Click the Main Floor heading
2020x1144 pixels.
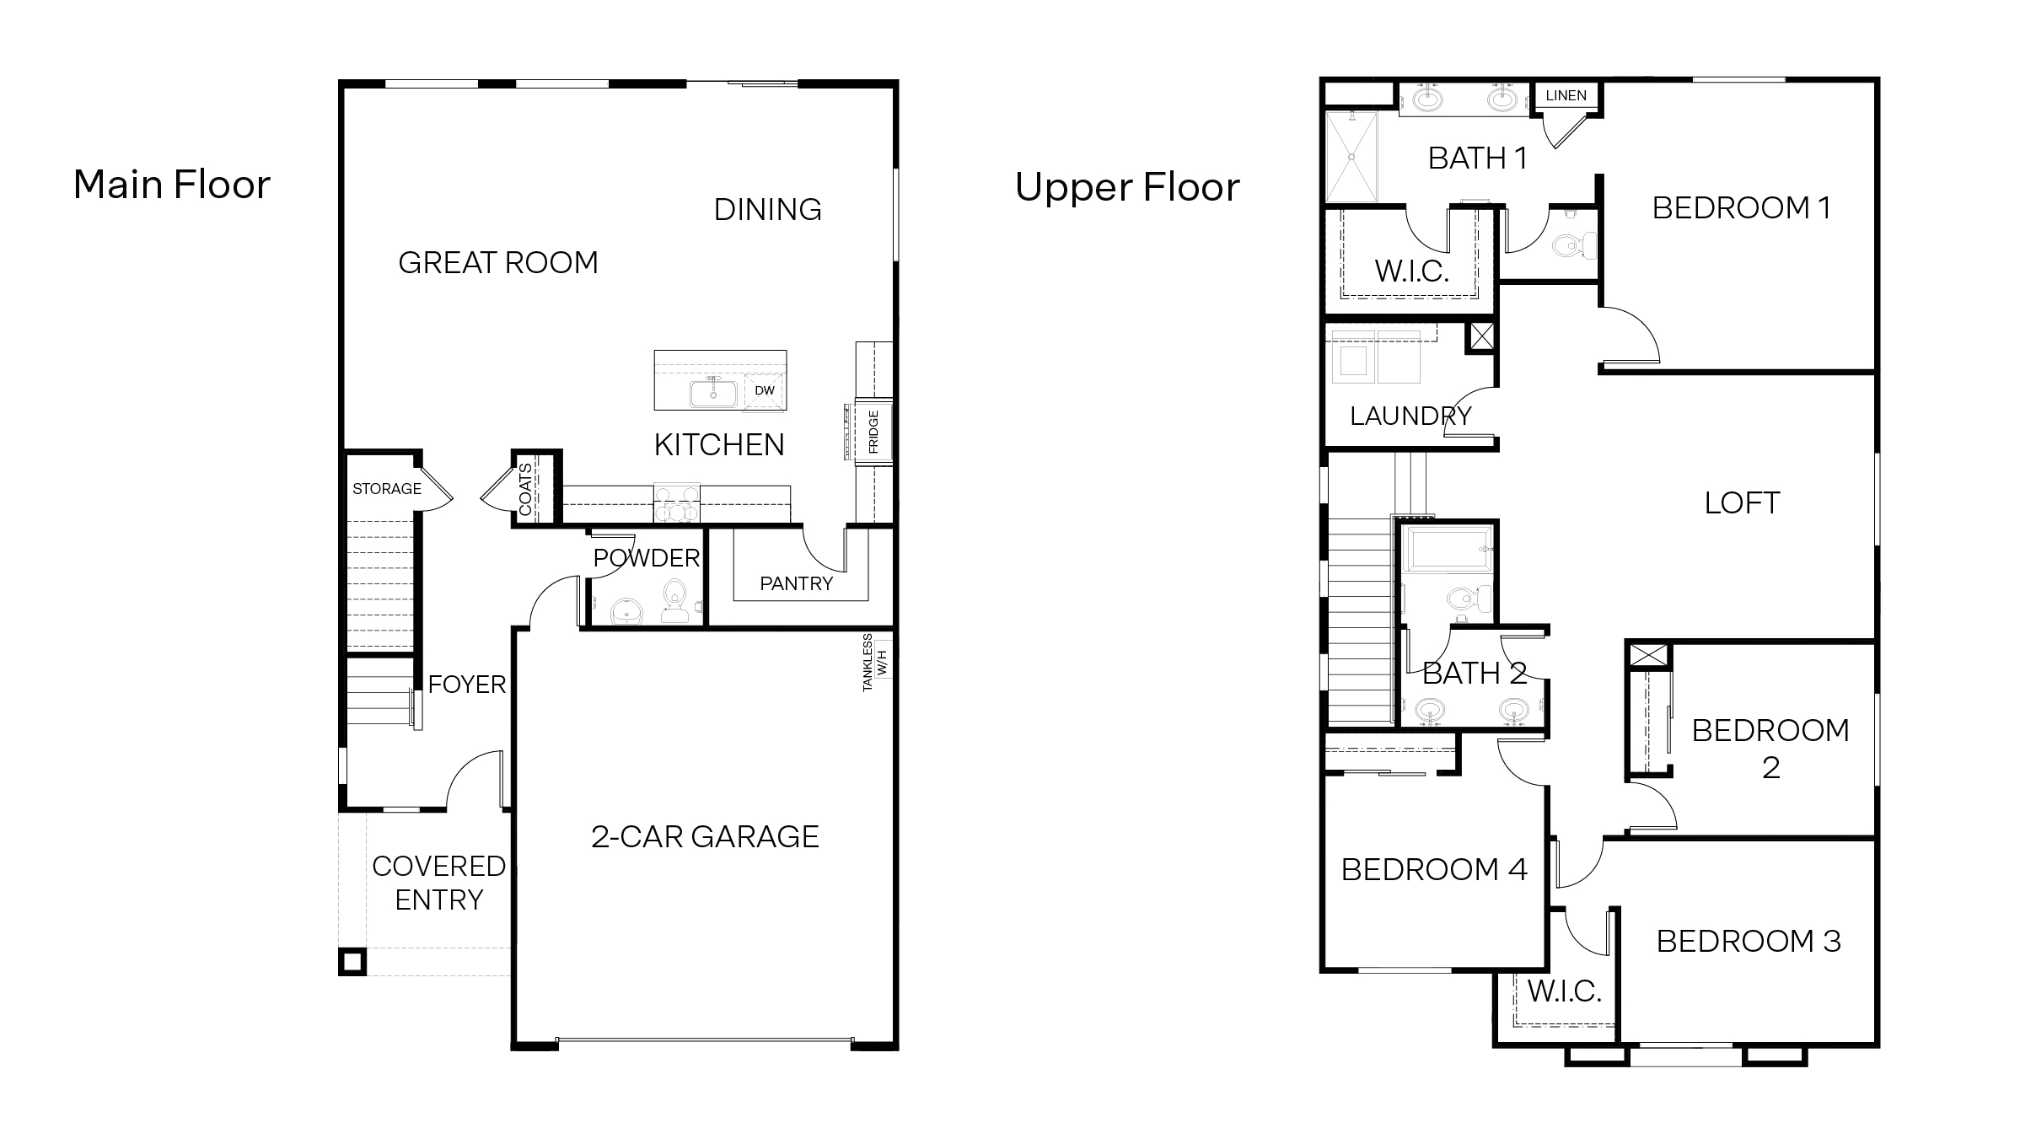172,185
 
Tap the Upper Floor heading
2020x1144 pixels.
1127,187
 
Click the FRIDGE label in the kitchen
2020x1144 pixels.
873,432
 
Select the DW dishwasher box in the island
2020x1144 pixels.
764,391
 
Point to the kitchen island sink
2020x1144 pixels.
713,394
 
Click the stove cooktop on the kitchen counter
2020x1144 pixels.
677,503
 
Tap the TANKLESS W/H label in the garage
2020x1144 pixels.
875,663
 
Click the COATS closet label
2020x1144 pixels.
526,489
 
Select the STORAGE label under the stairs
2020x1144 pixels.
386,489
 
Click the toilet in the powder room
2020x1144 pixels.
674,600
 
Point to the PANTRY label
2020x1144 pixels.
796,583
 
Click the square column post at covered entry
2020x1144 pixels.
352,961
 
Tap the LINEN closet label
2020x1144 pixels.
1566,96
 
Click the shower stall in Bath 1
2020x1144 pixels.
1351,157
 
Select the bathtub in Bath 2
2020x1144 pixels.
1447,549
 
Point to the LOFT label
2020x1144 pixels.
1742,503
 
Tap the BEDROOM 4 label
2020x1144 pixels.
1433,869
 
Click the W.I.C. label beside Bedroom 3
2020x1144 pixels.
1564,991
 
